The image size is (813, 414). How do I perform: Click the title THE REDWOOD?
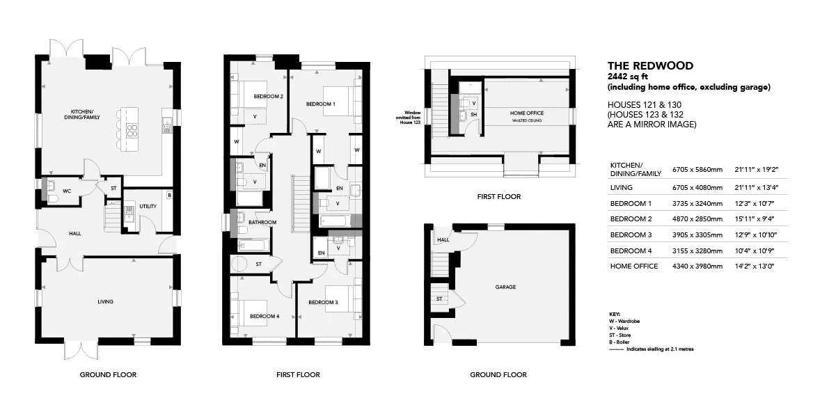tap(650, 66)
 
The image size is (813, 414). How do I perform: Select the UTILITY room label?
tap(148, 206)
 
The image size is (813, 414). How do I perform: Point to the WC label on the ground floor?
tap(67, 191)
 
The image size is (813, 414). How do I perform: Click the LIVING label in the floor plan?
tap(105, 301)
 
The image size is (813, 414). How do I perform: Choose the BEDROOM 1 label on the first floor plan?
tap(320, 104)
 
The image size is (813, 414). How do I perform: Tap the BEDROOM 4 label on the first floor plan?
tap(265, 316)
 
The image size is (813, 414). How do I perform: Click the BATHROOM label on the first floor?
tap(262, 222)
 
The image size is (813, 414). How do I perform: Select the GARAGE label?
tap(505, 287)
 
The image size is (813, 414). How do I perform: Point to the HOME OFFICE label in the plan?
tap(527, 113)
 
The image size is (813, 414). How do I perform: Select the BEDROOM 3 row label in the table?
tap(631, 234)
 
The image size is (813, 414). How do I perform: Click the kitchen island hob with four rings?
tap(131, 130)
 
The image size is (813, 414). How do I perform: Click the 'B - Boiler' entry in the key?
tap(620, 342)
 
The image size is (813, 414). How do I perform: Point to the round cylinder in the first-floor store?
tap(239, 264)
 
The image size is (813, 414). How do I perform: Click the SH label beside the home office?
tap(473, 115)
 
